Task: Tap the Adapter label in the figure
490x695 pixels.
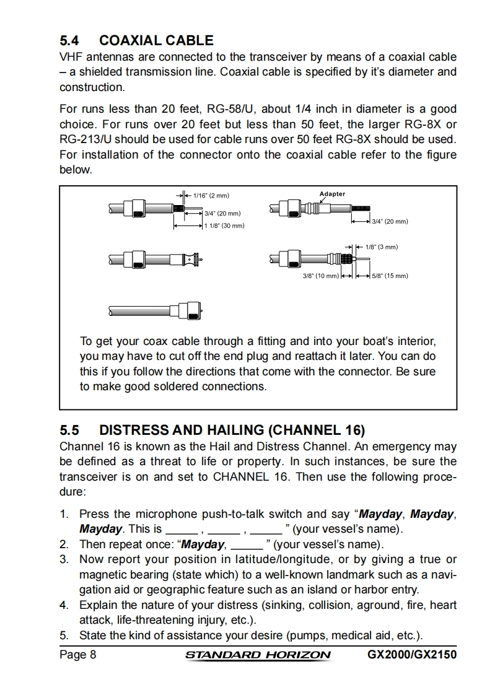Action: click(x=332, y=194)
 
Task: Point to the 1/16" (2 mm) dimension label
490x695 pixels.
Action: click(x=212, y=196)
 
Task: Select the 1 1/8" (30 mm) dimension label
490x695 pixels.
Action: click(x=225, y=226)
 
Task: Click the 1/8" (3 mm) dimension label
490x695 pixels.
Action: click(x=381, y=247)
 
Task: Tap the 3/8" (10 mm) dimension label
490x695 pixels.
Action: click(x=320, y=276)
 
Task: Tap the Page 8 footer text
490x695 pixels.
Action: click(x=77, y=655)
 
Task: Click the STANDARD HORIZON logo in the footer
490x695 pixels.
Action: click(x=258, y=655)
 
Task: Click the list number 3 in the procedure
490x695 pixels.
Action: click(x=63, y=559)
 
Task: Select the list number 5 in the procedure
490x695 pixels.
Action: click(x=63, y=635)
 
